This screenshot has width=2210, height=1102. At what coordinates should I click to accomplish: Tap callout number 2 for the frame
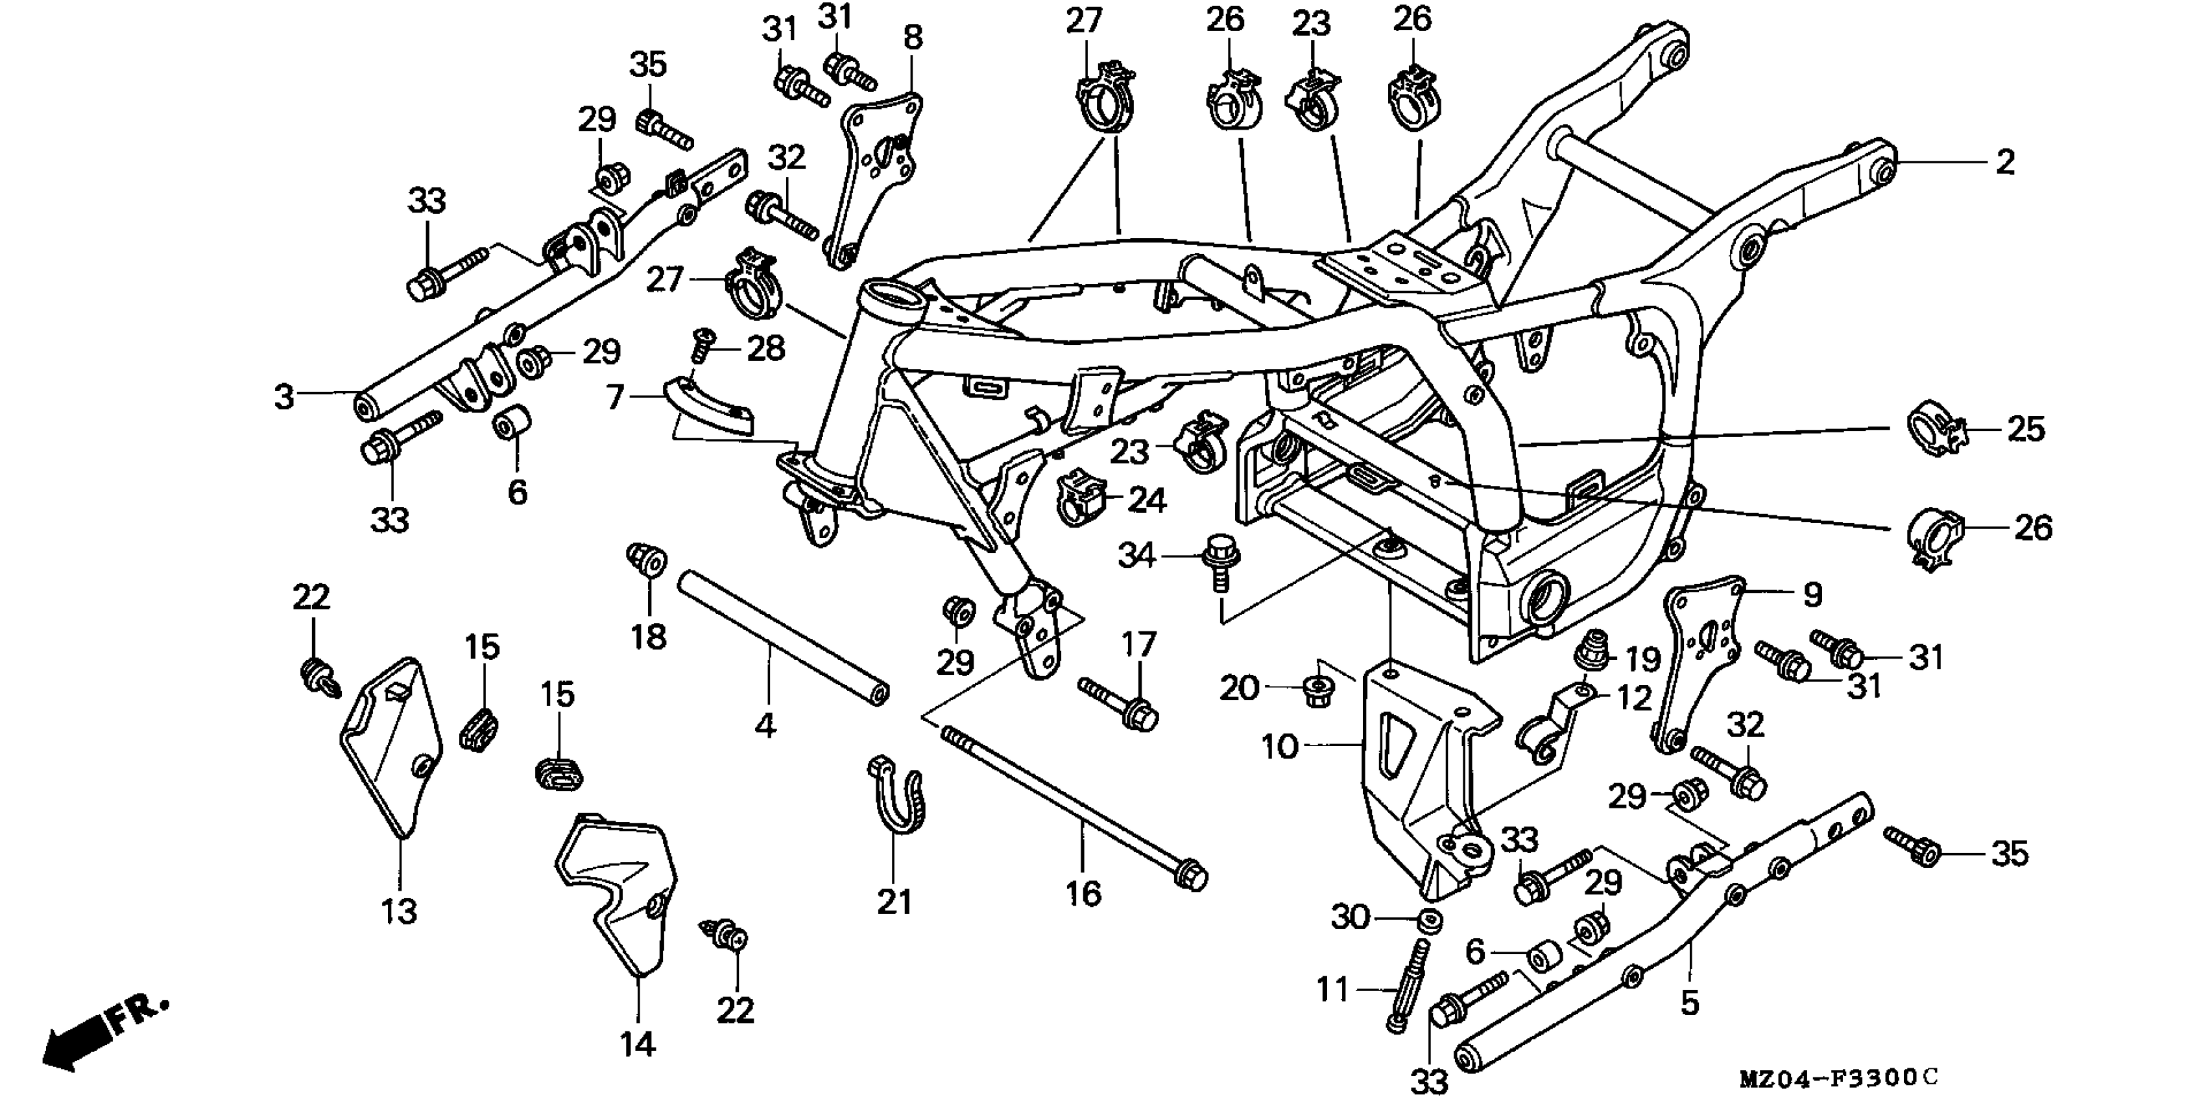click(x=2004, y=162)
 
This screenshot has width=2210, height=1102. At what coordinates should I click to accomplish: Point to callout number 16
click(x=1083, y=894)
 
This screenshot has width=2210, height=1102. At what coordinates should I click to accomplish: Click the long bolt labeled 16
click(x=1072, y=806)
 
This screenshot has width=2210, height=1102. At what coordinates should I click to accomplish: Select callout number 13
click(x=399, y=911)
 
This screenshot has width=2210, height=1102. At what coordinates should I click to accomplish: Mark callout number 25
click(x=2026, y=428)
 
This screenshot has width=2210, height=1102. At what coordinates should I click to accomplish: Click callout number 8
click(x=913, y=38)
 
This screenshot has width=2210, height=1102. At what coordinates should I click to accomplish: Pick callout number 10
click(x=1280, y=747)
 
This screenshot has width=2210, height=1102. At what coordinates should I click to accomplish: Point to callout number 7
click(x=614, y=398)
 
